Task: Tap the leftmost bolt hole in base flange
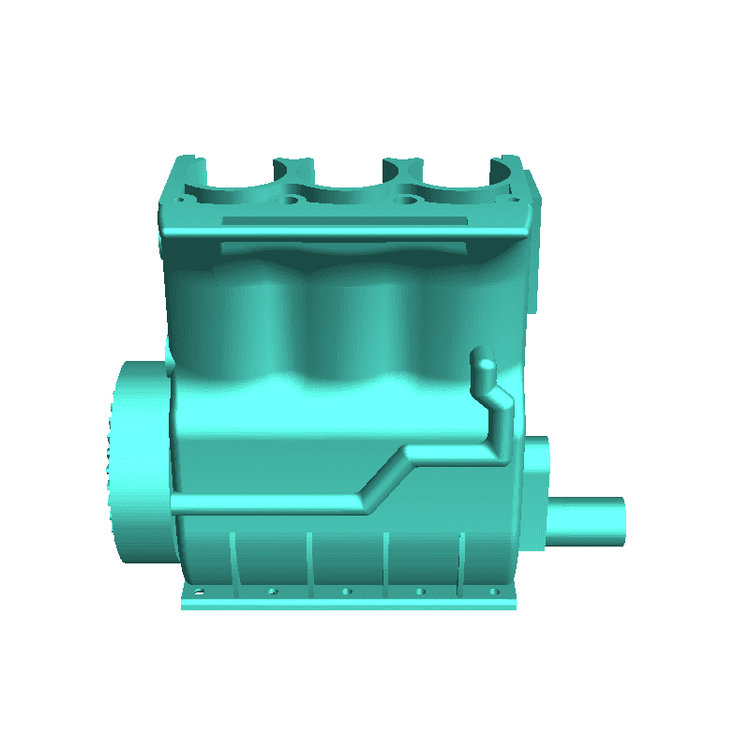tap(199, 592)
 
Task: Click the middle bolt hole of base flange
tap(347, 592)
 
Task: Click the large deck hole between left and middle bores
tap(292, 200)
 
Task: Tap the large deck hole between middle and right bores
tap(404, 200)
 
